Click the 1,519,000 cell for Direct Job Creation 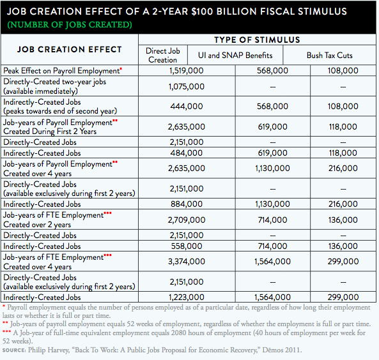tap(187, 71)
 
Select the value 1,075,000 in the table tap(187, 86)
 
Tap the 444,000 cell tap(187, 106)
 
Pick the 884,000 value tap(187, 204)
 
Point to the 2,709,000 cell tap(187, 220)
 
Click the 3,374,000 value tap(187, 262)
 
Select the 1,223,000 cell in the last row tap(187, 297)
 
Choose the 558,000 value tap(187, 246)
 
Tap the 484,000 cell tap(187, 153)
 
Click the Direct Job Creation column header tap(163, 56)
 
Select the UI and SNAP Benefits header tap(235, 56)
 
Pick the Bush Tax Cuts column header tap(329, 56)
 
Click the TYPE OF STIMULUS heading tap(257, 40)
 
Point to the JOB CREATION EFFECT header tap(70, 50)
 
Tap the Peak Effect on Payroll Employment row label tap(63, 71)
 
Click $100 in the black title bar tap(201, 11)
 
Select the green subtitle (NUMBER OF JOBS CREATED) tap(70, 25)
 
